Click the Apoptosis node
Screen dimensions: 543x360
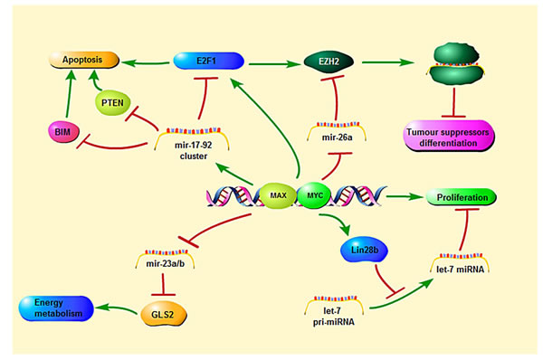tap(84, 60)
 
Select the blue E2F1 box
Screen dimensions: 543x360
tap(208, 61)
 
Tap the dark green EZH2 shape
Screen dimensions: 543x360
tap(329, 62)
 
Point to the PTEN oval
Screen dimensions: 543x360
tap(112, 103)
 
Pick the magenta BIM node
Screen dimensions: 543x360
tap(63, 132)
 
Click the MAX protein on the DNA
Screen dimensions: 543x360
tap(278, 195)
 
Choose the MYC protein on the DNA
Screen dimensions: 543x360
tap(314, 195)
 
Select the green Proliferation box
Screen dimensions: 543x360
tap(462, 197)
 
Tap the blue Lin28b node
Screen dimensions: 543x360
tap(364, 250)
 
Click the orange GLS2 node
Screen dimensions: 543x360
tap(164, 314)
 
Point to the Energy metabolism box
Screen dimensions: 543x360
tap(56, 308)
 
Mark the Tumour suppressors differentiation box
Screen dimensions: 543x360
tap(449, 137)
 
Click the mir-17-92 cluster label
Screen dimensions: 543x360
tap(194, 150)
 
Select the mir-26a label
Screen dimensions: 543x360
tap(337, 137)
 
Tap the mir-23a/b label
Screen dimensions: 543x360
tap(166, 264)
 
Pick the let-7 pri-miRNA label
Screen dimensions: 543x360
tap(333, 317)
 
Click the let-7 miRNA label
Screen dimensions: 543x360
tap(461, 270)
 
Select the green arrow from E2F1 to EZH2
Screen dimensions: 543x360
tap(274, 64)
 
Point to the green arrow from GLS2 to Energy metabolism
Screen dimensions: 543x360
tap(117, 308)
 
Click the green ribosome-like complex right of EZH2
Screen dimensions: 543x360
tap(456, 63)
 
